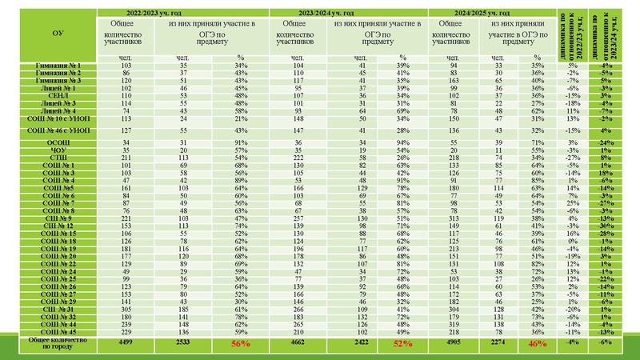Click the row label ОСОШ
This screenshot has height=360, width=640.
tap(58, 142)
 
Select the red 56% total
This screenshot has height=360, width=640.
tap(240, 343)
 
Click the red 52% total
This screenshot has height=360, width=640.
tap(402, 343)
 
